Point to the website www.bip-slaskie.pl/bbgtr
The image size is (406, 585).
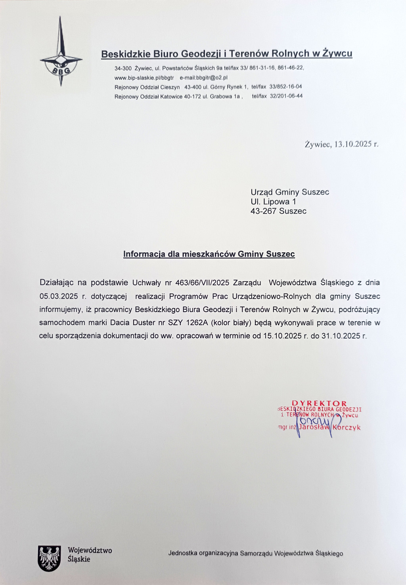click(x=144, y=78)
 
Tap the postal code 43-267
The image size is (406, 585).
click(x=263, y=211)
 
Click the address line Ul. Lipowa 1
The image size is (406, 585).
click(x=273, y=202)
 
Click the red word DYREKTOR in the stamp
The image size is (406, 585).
click(x=319, y=403)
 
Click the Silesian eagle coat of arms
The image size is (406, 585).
click(x=49, y=558)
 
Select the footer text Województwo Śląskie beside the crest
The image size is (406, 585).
click(x=90, y=555)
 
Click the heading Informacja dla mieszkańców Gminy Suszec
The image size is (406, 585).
click(x=209, y=254)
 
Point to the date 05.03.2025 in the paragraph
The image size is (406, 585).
click(x=59, y=296)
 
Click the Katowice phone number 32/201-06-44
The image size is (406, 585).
click(x=286, y=96)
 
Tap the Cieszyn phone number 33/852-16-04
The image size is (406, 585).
click(x=285, y=87)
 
